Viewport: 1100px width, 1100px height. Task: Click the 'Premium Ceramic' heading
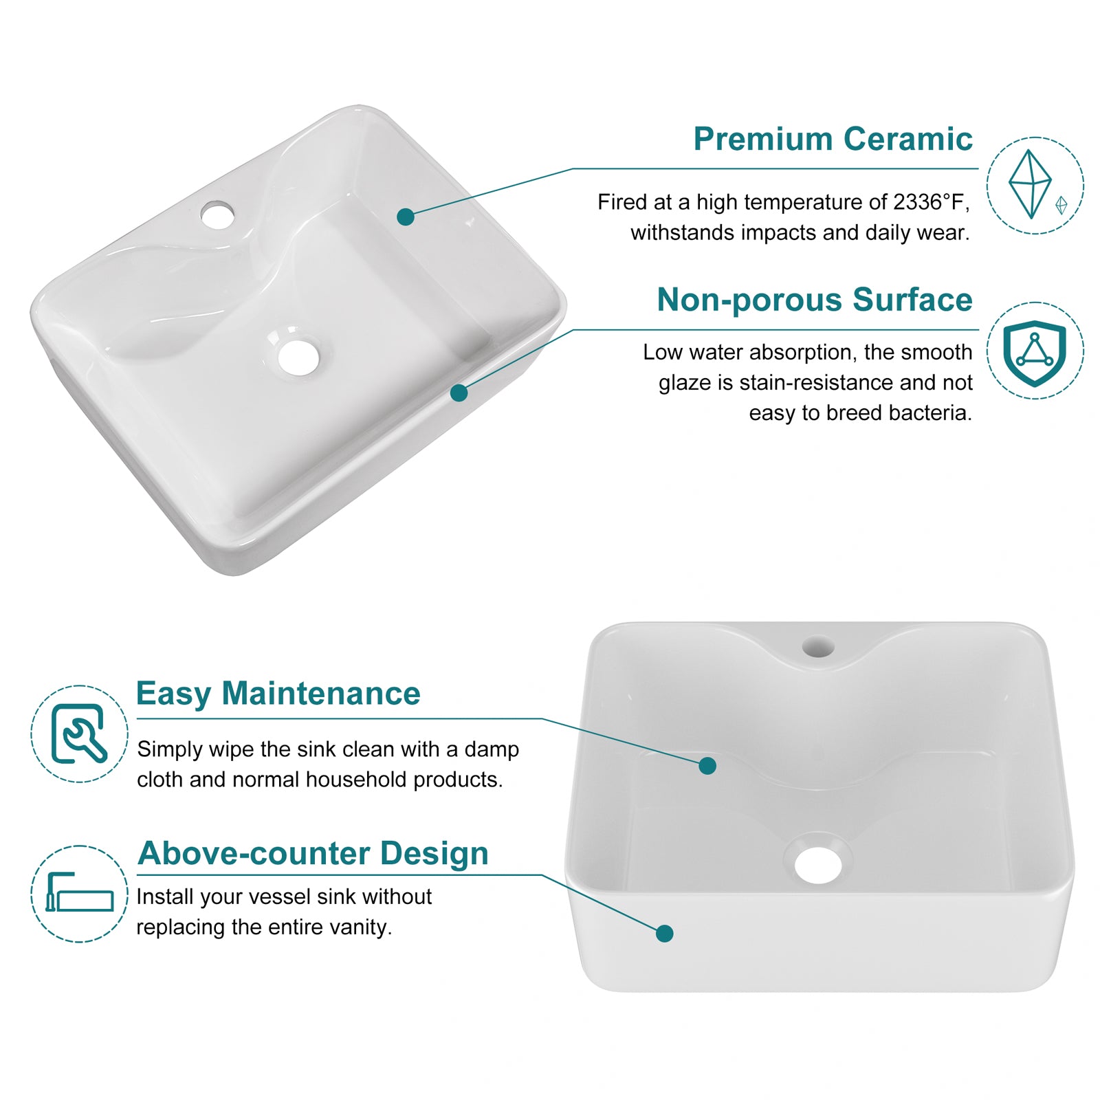pyautogui.click(x=833, y=140)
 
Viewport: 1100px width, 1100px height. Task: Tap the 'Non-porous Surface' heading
pyautogui.click(x=815, y=300)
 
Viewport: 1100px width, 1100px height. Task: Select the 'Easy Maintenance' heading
pyautogui.click(x=278, y=694)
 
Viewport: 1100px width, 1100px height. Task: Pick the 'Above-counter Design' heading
pyautogui.click(x=313, y=854)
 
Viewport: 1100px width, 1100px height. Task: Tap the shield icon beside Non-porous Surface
pyautogui.click(x=1035, y=352)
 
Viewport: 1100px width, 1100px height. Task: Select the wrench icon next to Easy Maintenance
pyautogui.click(x=79, y=734)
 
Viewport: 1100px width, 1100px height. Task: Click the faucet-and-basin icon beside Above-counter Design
pyautogui.click(x=79, y=892)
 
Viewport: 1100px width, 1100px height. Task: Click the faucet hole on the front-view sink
pyautogui.click(x=818, y=647)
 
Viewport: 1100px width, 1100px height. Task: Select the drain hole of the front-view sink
pyautogui.click(x=818, y=865)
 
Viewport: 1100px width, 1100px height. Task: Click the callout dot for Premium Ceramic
pyautogui.click(x=406, y=217)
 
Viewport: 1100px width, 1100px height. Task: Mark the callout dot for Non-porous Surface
pyautogui.click(x=459, y=393)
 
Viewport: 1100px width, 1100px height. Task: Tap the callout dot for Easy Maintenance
pyautogui.click(x=707, y=765)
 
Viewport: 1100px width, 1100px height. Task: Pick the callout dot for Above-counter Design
pyautogui.click(x=664, y=933)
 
